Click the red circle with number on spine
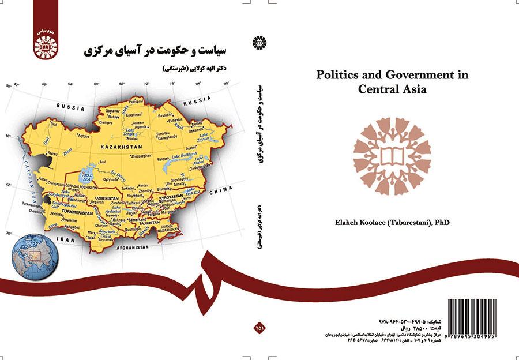click(x=258, y=328)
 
